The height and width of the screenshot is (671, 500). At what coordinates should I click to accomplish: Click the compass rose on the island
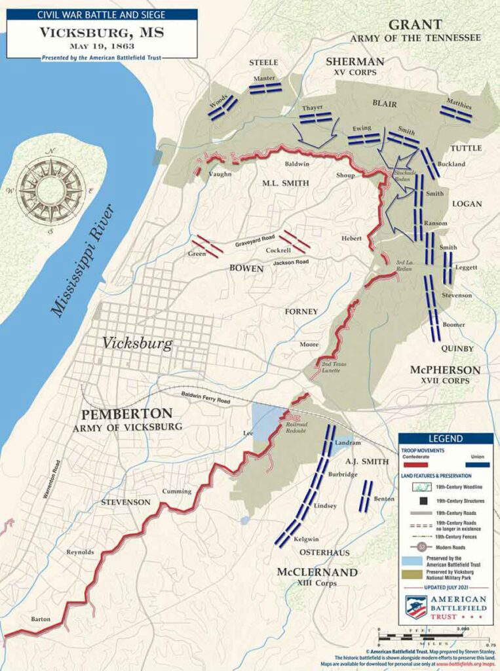click(50, 190)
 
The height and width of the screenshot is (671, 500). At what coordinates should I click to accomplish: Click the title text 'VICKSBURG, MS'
click(102, 32)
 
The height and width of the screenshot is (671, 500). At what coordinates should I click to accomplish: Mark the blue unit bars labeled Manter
click(265, 88)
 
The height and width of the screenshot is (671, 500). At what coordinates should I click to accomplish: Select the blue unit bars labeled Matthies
click(456, 114)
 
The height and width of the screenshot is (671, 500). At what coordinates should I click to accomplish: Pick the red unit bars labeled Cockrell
click(295, 240)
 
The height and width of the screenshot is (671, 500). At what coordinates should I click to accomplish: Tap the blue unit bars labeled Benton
click(366, 496)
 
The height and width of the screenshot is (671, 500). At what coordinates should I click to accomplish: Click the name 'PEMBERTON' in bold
click(126, 414)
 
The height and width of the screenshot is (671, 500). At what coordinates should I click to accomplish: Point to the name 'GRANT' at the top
click(414, 25)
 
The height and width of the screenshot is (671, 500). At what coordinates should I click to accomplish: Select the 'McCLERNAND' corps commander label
click(317, 572)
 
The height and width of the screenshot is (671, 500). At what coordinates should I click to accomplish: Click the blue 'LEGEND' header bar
click(446, 438)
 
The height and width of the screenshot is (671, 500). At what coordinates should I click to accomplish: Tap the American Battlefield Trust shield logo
click(416, 607)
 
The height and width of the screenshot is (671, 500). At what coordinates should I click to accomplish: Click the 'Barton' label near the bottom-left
click(40, 619)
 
